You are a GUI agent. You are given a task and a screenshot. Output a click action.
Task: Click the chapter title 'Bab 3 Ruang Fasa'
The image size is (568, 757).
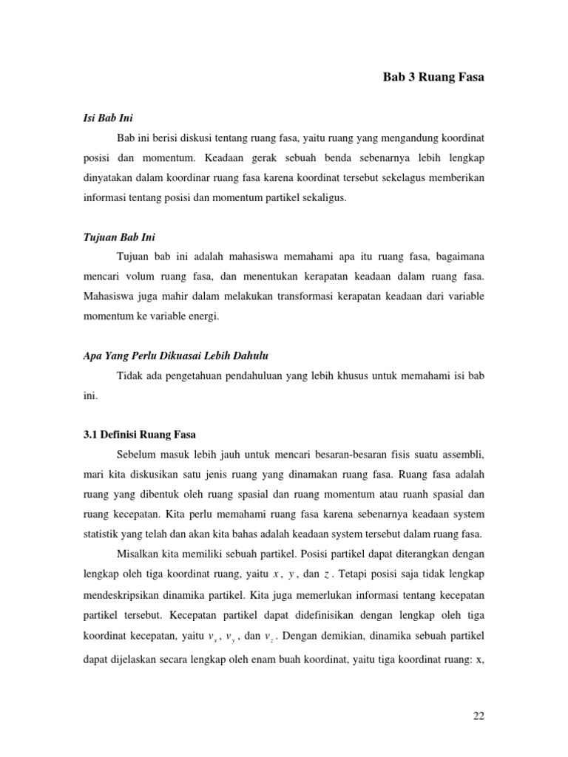pyautogui.click(x=433, y=76)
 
